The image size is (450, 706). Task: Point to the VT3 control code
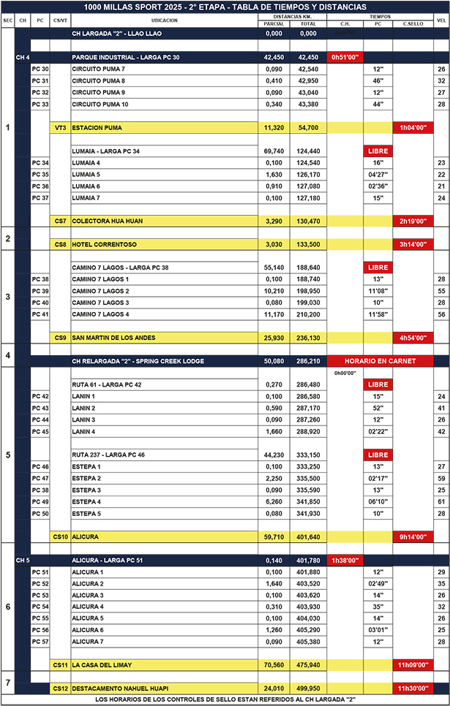pos(61,127)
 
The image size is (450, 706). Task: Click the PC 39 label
pos(41,291)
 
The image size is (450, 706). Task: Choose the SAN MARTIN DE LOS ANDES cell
pos(117,338)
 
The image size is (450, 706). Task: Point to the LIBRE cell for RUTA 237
pos(378,455)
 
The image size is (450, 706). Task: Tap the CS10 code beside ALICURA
pos(61,536)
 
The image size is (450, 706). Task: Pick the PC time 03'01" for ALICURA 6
pos(378,630)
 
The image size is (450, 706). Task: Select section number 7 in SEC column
pos(7,683)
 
